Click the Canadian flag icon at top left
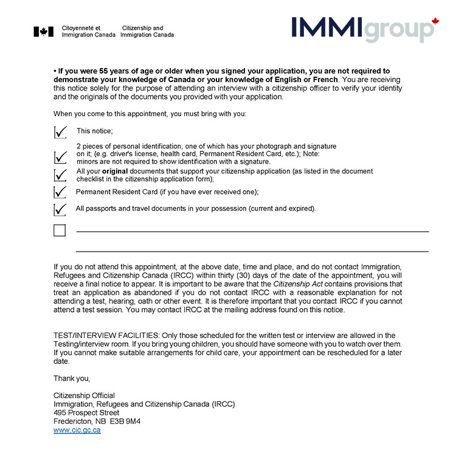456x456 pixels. (43, 32)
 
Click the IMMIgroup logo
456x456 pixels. (359, 29)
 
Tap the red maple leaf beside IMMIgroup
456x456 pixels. (435, 21)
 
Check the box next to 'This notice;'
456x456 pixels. (60, 131)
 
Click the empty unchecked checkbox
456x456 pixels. (60, 230)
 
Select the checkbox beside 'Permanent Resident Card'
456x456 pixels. (60, 192)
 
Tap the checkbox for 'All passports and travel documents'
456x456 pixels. (60, 209)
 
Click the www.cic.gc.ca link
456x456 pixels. (77, 430)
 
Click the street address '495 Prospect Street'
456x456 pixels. (86, 413)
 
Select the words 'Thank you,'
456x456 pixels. (71, 378)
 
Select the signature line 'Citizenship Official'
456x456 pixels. (84, 396)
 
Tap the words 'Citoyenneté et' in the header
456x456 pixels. (81, 28)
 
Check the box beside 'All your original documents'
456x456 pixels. (60, 175)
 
